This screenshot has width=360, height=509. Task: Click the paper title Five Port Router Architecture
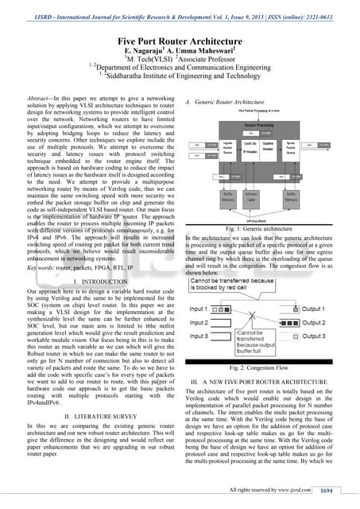tap(179, 37)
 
